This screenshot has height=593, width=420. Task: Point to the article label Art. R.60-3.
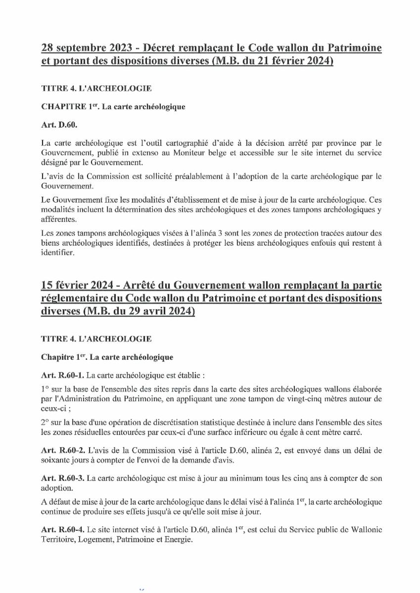click(63, 478)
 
